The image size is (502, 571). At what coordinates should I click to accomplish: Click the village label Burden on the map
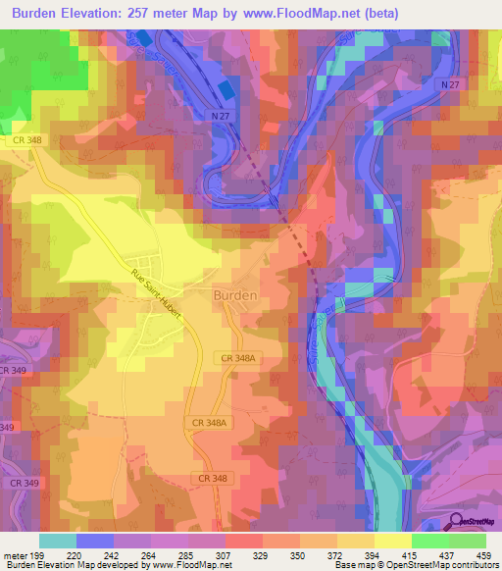click(x=235, y=294)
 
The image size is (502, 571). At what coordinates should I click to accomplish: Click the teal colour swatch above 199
click(x=58, y=541)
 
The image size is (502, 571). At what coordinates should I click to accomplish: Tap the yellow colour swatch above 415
click(x=393, y=541)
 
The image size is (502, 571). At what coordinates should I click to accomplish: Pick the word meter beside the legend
click(x=17, y=554)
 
